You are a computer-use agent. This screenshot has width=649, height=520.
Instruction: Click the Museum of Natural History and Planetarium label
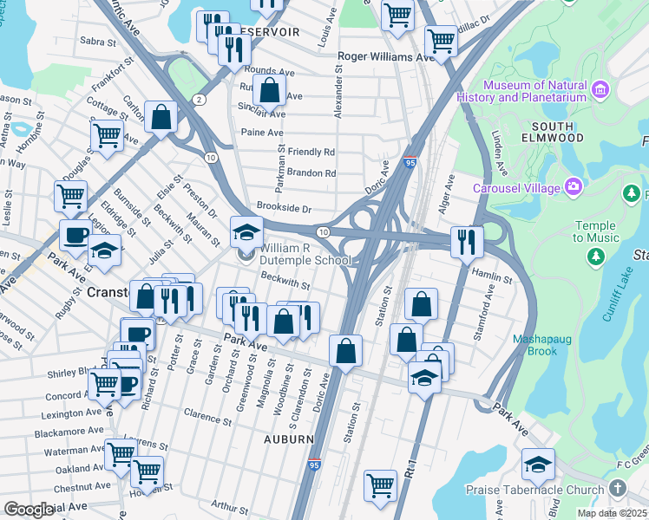tap(534, 92)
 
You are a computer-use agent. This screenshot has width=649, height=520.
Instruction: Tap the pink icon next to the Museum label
tap(600, 88)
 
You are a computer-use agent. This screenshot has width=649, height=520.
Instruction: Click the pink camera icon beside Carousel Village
tap(573, 186)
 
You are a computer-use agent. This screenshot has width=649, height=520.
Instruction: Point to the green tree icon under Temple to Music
tap(594, 256)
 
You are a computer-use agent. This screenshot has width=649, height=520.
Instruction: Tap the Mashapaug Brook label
tap(547, 345)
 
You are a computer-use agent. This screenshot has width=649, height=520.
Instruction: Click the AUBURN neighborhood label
tap(289, 439)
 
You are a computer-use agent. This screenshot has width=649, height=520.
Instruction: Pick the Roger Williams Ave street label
tap(385, 57)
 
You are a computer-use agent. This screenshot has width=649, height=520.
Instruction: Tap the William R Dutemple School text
tap(305, 254)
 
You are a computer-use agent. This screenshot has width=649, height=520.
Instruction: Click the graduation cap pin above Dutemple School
tap(246, 232)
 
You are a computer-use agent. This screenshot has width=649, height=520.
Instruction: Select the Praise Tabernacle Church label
tap(534, 491)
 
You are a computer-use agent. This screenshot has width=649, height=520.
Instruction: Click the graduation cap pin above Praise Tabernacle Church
tap(538, 465)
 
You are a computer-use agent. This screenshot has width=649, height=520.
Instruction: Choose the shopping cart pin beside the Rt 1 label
tap(380, 485)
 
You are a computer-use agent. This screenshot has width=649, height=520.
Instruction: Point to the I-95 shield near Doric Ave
tap(410, 161)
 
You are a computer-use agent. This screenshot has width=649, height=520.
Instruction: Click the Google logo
tap(29, 510)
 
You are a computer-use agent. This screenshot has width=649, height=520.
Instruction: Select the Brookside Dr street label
tap(283, 209)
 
